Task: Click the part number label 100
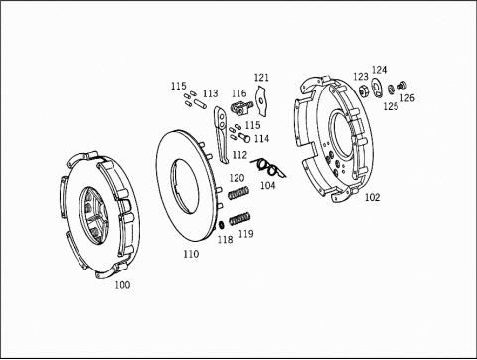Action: (122, 285)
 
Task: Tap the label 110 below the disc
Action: (191, 254)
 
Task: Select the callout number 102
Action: (372, 197)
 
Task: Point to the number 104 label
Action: (268, 185)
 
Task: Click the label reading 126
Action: (407, 98)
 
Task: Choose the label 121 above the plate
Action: (261, 78)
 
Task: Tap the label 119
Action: (246, 234)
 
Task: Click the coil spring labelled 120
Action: (238, 193)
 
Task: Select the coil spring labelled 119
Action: (239, 218)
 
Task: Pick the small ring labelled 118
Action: (222, 225)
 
